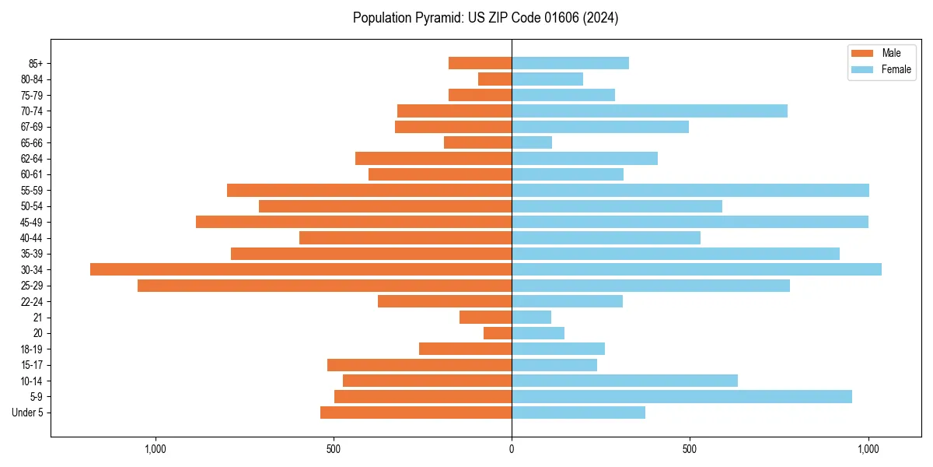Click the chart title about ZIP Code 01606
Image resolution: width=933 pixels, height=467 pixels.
[485, 18]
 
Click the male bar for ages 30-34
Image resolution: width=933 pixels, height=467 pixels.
[301, 269]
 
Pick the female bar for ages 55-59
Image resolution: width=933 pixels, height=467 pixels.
[690, 191]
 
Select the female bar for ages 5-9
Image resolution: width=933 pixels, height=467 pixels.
[682, 397]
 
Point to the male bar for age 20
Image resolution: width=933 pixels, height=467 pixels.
[498, 333]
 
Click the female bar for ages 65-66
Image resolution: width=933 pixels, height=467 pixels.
[532, 142]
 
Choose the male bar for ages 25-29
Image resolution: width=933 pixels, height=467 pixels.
[324, 286]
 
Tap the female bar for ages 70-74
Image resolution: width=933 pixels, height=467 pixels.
[649, 111]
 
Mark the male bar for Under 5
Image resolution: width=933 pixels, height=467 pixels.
[416, 413]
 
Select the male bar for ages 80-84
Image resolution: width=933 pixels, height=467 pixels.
[494, 79]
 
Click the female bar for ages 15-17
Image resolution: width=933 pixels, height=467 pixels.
[554, 365]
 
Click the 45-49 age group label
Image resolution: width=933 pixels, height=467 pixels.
[32, 223]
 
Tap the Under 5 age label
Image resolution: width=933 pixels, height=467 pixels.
[27, 413]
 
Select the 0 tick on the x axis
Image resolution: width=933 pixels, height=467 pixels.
[512, 449]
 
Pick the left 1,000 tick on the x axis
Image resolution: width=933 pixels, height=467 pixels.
[155, 449]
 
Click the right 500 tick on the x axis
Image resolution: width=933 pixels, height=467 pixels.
[690, 449]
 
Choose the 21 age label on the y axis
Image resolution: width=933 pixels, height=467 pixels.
[37, 318]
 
